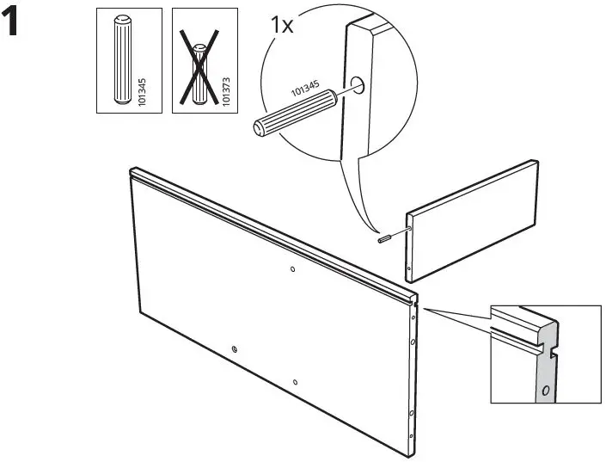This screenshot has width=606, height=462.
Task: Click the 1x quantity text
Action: click(x=281, y=24)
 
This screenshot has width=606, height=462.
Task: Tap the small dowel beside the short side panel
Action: click(x=388, y=237)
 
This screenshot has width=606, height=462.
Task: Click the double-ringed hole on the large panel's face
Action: click(x=235, y=349)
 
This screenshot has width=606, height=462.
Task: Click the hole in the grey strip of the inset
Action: click(x=544, y=390)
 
